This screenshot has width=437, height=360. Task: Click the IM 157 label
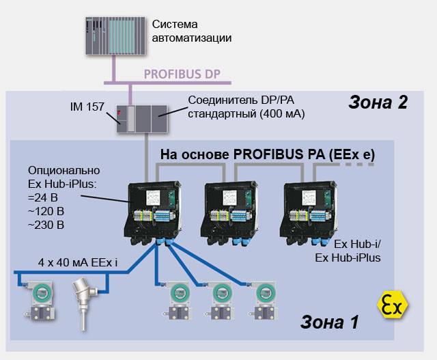pyautogui.click(x=86, y=107)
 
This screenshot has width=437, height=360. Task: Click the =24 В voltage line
pyautogui.click(x=44, y=197)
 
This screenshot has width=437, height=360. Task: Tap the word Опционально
pyautogui.click(x=64, y=169)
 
